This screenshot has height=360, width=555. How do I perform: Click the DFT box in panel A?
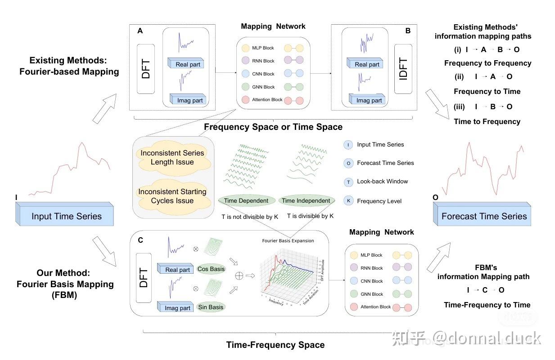[x=145, y=69]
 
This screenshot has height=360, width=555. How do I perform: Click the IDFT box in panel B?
[x=403, y=69]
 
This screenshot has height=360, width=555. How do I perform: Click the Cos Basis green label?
[x=211, y=269]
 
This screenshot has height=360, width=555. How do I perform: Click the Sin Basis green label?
[x=211, y=307]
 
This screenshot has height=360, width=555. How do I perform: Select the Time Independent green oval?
[x=306, y=201]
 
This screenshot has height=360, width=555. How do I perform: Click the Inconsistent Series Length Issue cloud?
[x=172, y=157]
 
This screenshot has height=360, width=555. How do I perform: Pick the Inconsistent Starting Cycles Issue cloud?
[x=172, y=196]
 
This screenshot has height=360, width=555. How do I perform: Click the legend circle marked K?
[x=348, y=201]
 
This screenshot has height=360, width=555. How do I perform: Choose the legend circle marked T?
[x=348, y=182]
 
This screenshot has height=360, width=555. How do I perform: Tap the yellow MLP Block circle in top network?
[x=245, y=48]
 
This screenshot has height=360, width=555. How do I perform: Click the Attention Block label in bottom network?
[x=375, y=307]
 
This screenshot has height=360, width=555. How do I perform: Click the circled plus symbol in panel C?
[x=239, y=276]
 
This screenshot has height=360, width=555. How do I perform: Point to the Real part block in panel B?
[x=367, y=64]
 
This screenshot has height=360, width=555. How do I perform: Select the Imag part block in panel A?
[x=189, y=100]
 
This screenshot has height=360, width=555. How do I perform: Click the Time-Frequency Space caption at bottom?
[x=275, y=345]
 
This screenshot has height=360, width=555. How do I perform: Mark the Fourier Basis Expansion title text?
[x=288, y=240]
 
